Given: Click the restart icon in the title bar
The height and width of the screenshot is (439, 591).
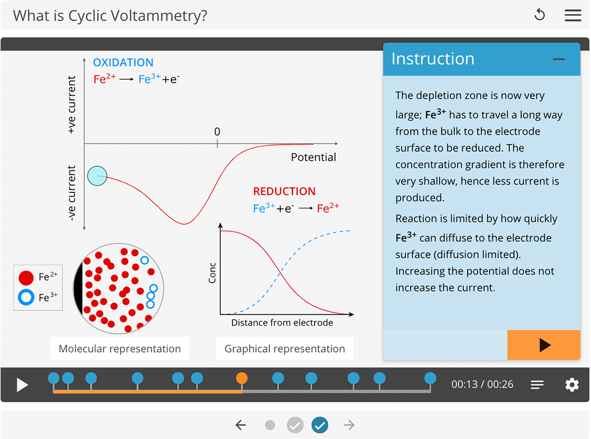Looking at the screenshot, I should [x=539, y=15].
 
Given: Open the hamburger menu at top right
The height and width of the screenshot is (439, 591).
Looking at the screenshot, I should [x=573, y=15].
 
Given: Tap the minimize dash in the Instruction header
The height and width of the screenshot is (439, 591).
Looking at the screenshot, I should [x=559, y=59].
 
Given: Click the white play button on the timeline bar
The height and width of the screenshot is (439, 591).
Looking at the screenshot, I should [x=22, y=385].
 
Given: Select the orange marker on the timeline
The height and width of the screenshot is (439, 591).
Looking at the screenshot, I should [x=241, y=379].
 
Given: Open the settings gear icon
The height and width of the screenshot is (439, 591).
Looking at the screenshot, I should [x=572, y=385].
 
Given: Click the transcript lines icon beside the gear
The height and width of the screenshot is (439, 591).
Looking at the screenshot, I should [x=537, y=385].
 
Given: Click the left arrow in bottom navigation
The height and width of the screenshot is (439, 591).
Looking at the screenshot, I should [x=240, y=425].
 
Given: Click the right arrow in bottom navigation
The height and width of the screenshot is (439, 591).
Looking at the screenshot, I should [x=349, y=425].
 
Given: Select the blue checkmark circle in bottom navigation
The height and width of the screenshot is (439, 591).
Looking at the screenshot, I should [x=320, y=425].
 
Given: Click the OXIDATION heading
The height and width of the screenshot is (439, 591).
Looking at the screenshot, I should [x=123, y=63].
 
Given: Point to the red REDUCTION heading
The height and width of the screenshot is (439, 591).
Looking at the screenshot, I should [x=284, y=191].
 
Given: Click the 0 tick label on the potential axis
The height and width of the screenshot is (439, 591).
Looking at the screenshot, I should [x=217, y=132].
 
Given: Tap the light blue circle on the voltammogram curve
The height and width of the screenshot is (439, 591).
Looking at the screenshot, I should [x=97, y=176].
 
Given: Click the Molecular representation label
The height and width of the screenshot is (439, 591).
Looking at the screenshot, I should [x=120, y=349].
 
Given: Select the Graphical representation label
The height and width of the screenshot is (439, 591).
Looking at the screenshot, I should [x=285, y=349].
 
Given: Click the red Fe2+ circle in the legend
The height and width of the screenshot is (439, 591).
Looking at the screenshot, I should [x=26, y=278].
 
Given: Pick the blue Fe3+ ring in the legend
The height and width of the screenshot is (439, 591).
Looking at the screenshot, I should [x=26, y=298].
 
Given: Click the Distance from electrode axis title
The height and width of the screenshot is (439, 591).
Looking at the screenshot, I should [x=282, y=323].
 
